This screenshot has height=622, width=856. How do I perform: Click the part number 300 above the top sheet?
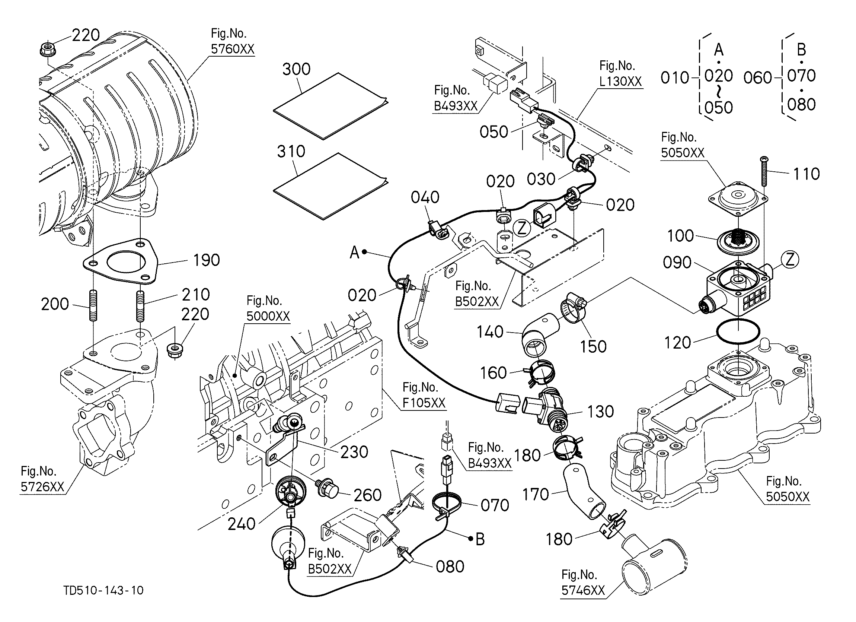[297, 69]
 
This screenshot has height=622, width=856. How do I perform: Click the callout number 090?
[677, 263]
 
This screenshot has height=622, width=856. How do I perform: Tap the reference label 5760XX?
[233, 49]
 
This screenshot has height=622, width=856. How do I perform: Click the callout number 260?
[367, 495]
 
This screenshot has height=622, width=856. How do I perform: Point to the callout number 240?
[242, 524]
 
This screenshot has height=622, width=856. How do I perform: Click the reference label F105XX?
[424, 403]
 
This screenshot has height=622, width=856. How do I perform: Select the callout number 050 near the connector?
[494, 132]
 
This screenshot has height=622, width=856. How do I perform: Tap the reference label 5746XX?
[583, 590]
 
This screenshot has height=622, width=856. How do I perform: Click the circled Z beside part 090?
[790, 260]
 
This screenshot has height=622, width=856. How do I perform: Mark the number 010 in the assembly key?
[675, 78]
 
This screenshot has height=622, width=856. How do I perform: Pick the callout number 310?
[291, 152]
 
